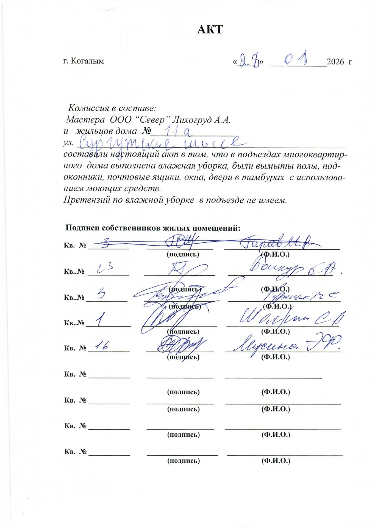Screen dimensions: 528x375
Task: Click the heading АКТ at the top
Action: point(210,29)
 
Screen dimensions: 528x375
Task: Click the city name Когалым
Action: point(87,61)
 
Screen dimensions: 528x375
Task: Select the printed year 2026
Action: point(335,62)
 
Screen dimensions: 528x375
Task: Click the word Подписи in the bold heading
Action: point(82,228)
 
